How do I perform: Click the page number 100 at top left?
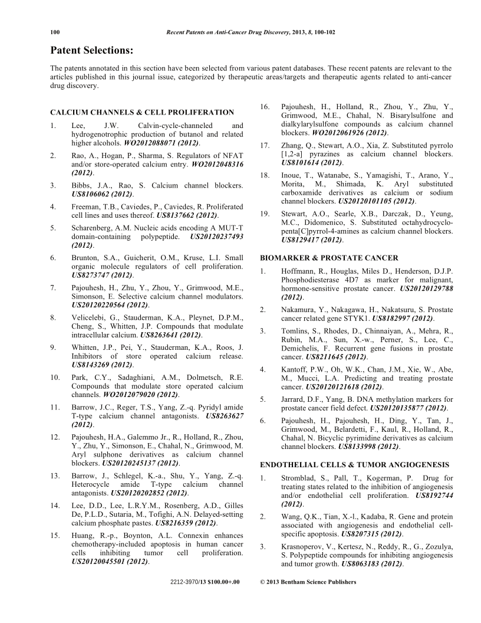[x=55, y=32]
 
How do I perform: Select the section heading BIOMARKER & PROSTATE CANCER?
[x=321, y=258]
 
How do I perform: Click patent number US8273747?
[x=90, y=275]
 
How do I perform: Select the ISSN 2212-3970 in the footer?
[x=185, y=582]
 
